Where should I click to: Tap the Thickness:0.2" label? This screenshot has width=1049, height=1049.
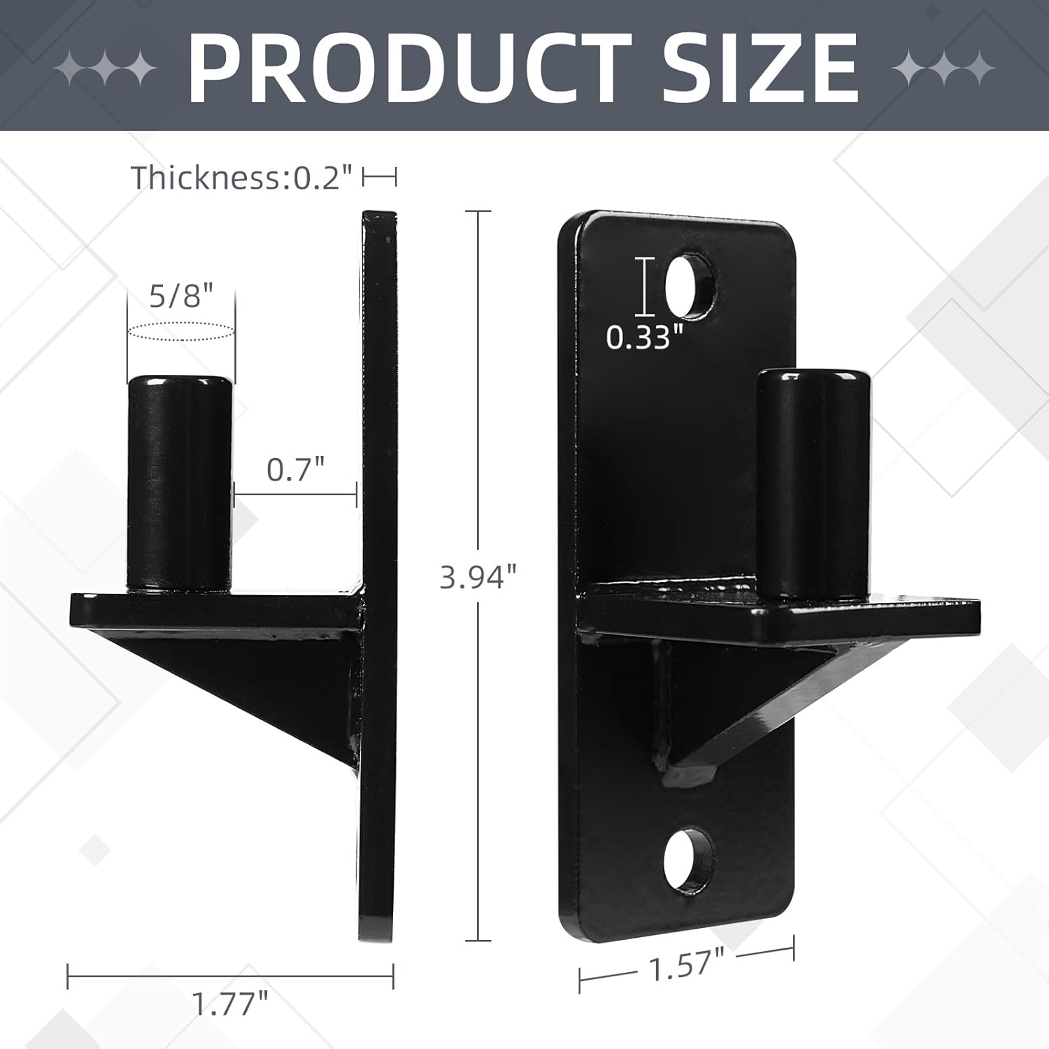241,178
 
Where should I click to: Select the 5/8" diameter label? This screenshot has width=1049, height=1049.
180,296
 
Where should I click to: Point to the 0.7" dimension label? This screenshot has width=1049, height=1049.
296,469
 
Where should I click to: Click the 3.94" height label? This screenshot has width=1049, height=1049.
478,577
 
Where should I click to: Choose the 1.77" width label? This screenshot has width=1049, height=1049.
230,1004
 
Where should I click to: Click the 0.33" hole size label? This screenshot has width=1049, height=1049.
643,337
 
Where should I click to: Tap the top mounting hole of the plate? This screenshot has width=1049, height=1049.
688,287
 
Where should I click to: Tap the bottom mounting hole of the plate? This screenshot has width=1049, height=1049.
688,859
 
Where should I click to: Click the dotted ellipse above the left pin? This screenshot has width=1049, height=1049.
180,331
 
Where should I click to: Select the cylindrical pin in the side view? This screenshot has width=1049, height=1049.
179,483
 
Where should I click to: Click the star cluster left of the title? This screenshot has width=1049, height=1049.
105,68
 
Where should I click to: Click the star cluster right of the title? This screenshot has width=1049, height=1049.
944,68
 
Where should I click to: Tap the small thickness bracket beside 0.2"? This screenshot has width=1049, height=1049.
379,178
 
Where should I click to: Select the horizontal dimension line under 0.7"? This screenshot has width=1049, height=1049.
296,495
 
